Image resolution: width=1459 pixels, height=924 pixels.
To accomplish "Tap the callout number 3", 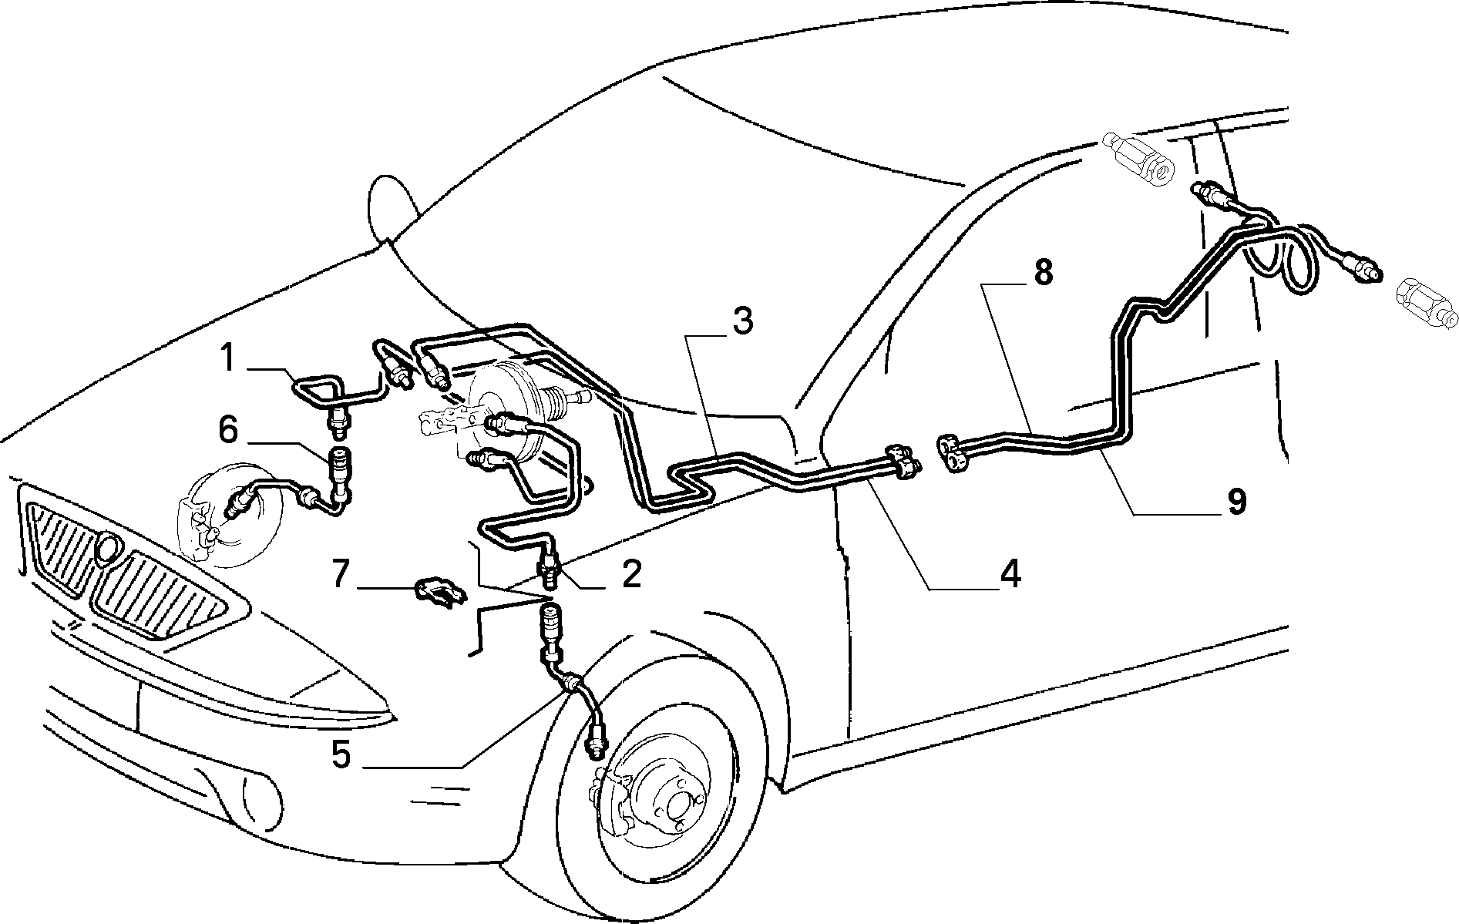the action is pos(741,321).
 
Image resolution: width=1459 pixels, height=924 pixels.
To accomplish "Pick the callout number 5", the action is pos(342,754).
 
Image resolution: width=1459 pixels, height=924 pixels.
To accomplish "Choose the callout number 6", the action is pos(228,429).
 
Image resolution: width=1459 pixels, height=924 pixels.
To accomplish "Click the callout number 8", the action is pos(1042,272).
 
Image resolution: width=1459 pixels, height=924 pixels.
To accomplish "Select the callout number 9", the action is pos(1236,502).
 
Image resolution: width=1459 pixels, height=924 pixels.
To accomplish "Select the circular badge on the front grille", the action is pos(109,548).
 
